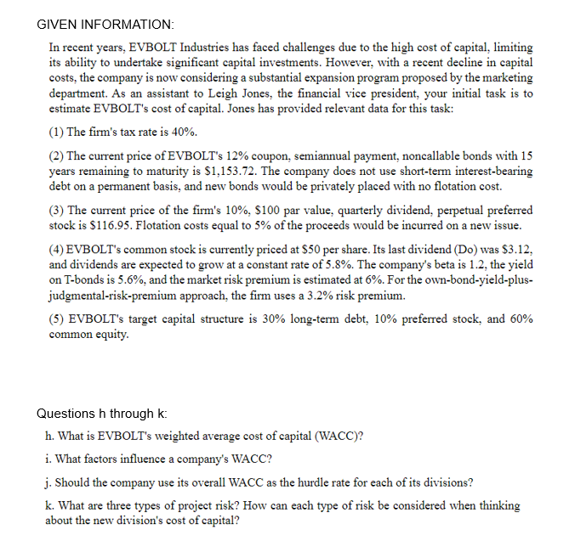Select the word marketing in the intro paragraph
(x=504, y=78)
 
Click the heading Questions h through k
(x=102, y=414)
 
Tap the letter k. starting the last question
(x=50, y=505)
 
